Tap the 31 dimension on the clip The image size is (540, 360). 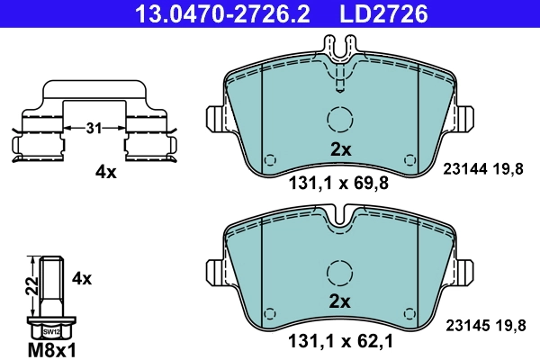tap(94, 130)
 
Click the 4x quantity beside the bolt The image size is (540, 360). tap(82, 278)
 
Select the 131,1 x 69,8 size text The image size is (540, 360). tap(339, 186)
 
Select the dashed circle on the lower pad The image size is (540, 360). tap(339, 272)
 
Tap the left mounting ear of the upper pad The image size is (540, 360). tap(216, 119)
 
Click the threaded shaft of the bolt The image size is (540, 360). tap(50, 285)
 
